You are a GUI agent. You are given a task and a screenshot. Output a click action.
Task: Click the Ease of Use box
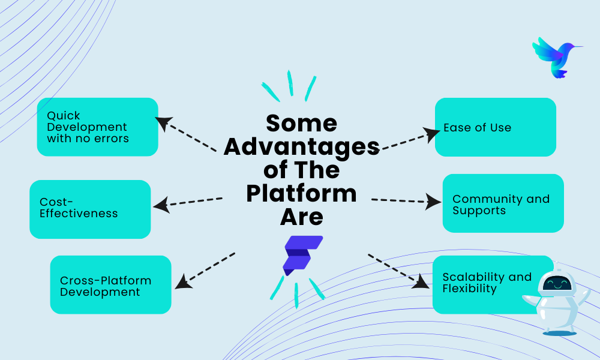tap(495, 127)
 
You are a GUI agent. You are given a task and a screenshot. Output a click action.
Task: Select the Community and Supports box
tap(503, 203)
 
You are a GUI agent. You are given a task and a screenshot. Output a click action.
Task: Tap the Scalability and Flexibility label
tap(487, 283)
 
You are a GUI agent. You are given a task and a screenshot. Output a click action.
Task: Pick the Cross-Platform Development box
tap(110, 285)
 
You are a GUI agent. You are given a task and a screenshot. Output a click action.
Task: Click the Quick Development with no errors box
tap(97, 127)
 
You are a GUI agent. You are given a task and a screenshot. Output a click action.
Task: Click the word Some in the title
tap(301, 123)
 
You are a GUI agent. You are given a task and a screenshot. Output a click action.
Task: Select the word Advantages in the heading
tap(301, 146)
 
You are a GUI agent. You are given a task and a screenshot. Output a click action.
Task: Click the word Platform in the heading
tap(301, 193)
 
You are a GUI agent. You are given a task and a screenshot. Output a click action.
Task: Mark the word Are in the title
tap(301, 217)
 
